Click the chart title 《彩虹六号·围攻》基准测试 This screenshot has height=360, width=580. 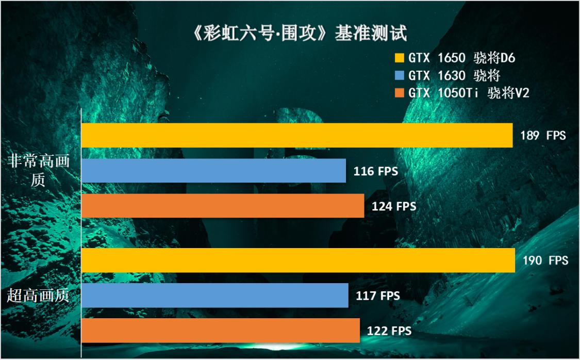coord(290,33)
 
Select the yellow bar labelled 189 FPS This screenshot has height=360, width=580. coord(297,135)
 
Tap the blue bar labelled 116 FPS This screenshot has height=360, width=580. coord(213,171)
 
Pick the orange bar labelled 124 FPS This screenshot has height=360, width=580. coord(223,206)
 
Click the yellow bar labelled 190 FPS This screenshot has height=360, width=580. coord(298,260)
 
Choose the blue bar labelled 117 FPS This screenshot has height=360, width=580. coord(215,296)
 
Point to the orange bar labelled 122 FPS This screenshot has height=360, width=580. coord(221,331)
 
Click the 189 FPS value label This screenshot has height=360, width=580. coord(543,136)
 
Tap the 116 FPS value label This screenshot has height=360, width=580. coord(376,171)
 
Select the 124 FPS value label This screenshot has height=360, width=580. coord(394,207)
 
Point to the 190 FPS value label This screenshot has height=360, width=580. coord(545,260)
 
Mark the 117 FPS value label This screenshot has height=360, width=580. coord(378,296)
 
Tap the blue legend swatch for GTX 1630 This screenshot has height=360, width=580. coord(399,76)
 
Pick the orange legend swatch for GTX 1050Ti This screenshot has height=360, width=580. coord(399,93)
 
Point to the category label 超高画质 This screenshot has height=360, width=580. coord(38,296)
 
